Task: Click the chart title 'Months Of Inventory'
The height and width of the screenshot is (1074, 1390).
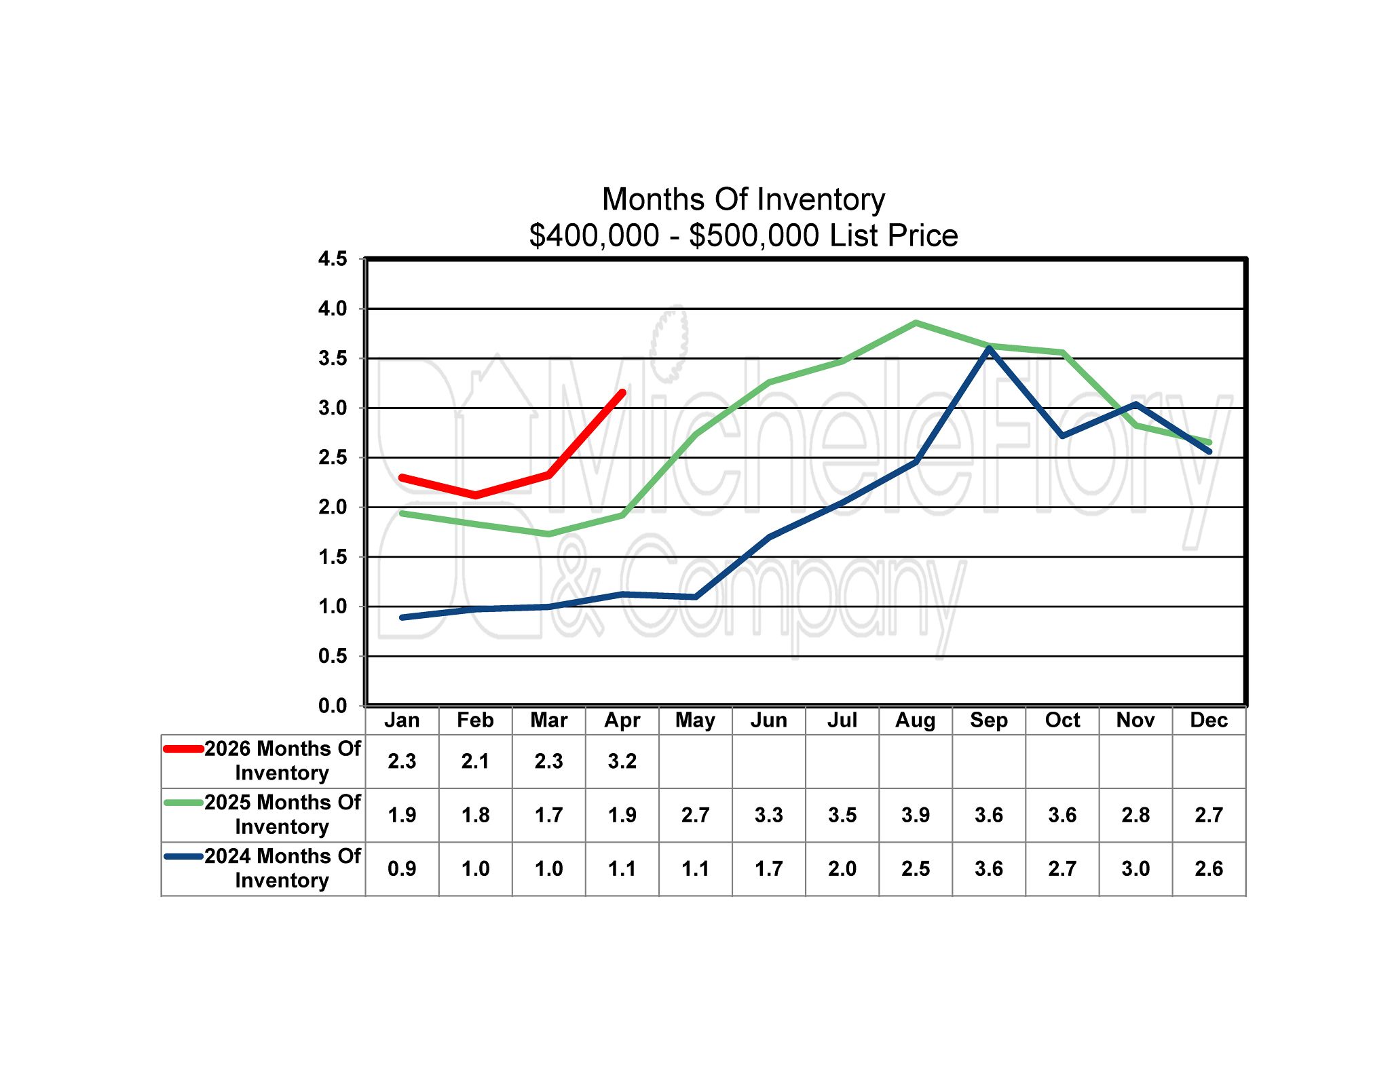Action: pos(743,199)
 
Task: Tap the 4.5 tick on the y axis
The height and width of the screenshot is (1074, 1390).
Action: pos(333,258)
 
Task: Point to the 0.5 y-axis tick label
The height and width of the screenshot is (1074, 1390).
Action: pos(333,656)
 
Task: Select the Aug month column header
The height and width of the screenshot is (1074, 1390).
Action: pos(915,720)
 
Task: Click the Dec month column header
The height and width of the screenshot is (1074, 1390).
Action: pos(1209,720)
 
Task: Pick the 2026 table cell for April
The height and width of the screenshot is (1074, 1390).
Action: pos(622,761)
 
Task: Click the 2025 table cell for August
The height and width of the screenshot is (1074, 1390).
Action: pos(915,815)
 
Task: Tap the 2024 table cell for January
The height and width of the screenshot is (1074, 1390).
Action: pos(402,868)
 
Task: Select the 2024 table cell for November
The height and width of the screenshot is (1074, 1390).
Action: pos(1135,868)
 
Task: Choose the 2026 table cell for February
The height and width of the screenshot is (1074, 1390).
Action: pos(475,761)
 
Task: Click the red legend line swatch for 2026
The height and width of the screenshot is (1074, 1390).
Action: pos(183,749)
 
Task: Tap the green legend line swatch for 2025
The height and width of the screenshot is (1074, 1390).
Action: pos(183,803)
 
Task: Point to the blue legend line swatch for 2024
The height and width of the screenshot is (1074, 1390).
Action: pos(183,856)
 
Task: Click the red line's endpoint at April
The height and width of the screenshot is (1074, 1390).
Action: pos(622,392)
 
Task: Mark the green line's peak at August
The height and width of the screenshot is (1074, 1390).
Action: pos(916,323)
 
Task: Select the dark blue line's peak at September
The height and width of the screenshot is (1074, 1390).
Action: pos(989,348)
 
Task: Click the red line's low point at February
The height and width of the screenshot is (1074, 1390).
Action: pos(475,495)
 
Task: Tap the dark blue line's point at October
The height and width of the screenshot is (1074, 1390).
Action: pos(1062,436)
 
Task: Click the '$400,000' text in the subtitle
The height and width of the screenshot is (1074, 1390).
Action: pos(594,235)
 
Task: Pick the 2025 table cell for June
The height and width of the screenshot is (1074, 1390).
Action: pos(768,815)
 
